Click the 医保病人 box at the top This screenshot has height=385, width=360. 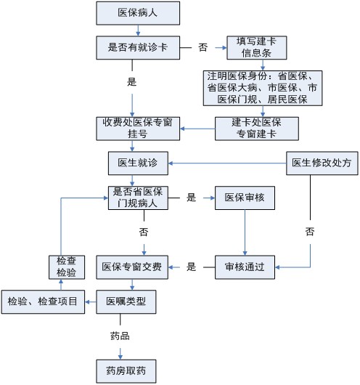tap(138, 13)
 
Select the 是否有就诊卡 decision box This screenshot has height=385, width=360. tap(138, 48)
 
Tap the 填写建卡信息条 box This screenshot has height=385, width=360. tap(257, 48)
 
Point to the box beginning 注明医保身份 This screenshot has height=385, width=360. tap(263, 88)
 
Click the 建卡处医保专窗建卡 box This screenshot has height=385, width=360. tap(257, 129)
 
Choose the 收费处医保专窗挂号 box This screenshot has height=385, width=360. tap(138, 129)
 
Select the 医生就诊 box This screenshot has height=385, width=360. tap(138, 163)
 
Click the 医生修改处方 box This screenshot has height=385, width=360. tap(322, 163)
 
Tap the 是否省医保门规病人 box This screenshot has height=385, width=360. tap(138, 198)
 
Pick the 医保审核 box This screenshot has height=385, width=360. tap(245, 198)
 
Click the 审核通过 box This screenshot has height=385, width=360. tap(245, 267)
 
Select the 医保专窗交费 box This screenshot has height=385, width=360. tap(132, 267)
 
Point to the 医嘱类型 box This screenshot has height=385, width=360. tap(126, 301)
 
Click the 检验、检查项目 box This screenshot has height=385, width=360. tap(43, 301)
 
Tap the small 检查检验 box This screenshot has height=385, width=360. tap(67, 267)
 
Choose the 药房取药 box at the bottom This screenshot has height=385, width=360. tap(126, 371)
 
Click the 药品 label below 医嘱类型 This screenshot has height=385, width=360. tap(120, 336)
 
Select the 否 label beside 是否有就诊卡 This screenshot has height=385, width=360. tap(203, 47)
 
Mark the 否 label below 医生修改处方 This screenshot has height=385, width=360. tap(310, 232)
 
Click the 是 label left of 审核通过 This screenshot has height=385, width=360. tap(191, 267)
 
